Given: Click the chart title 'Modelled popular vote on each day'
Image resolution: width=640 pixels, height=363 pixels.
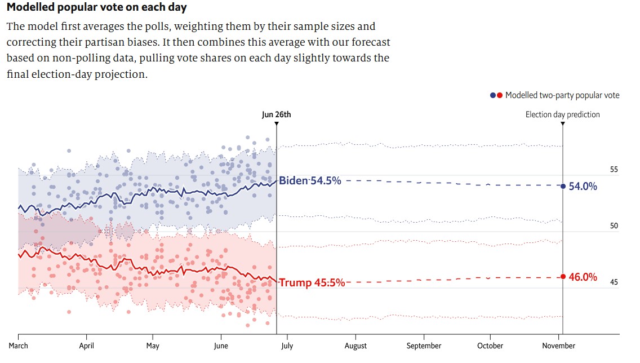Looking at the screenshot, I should pos(96,8).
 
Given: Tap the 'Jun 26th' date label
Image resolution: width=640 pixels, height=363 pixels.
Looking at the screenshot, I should pos(277,114).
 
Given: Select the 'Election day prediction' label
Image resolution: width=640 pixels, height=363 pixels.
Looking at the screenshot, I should pos(562,114).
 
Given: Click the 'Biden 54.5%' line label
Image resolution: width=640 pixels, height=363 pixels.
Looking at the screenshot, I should pos(310,181).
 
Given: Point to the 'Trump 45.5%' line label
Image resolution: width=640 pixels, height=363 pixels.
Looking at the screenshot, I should pos(312,282).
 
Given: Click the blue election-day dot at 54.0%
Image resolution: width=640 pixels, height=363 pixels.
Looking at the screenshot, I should pos(563,186).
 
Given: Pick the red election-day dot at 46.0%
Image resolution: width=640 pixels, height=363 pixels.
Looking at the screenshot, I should pos(563,276).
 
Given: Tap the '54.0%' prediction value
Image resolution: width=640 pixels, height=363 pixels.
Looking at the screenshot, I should pos(583,187).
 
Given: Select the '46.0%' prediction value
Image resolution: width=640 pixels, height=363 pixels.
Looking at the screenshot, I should pos(583,277).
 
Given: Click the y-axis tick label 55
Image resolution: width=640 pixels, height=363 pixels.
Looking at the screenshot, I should pos(614,170).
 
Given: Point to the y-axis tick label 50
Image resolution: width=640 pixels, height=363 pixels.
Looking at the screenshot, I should pos(614,226).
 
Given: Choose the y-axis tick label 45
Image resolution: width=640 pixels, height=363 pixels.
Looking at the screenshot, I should pos(614,282).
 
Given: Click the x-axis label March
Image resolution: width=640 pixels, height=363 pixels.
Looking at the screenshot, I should pos(18,346).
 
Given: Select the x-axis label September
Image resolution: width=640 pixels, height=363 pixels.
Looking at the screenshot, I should pos(424,346).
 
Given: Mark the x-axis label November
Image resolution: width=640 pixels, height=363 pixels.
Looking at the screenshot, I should pos(559,346).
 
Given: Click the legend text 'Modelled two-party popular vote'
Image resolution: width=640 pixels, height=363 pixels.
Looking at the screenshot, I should pos(562,95).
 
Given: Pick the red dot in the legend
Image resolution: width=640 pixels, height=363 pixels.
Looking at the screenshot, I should pos(500,95).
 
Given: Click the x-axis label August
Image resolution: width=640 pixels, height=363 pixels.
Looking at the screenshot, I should pos(355,346).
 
